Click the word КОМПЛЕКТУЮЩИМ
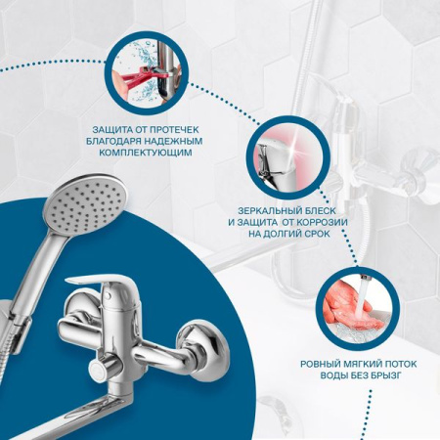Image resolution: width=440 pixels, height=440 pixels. [146, 153]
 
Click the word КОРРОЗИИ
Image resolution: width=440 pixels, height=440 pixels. [322, 222]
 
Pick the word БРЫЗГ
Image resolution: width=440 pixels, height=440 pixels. [386, 375]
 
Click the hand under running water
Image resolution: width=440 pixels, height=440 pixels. [349, 304]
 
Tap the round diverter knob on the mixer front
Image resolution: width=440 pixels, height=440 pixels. [100, 370]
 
